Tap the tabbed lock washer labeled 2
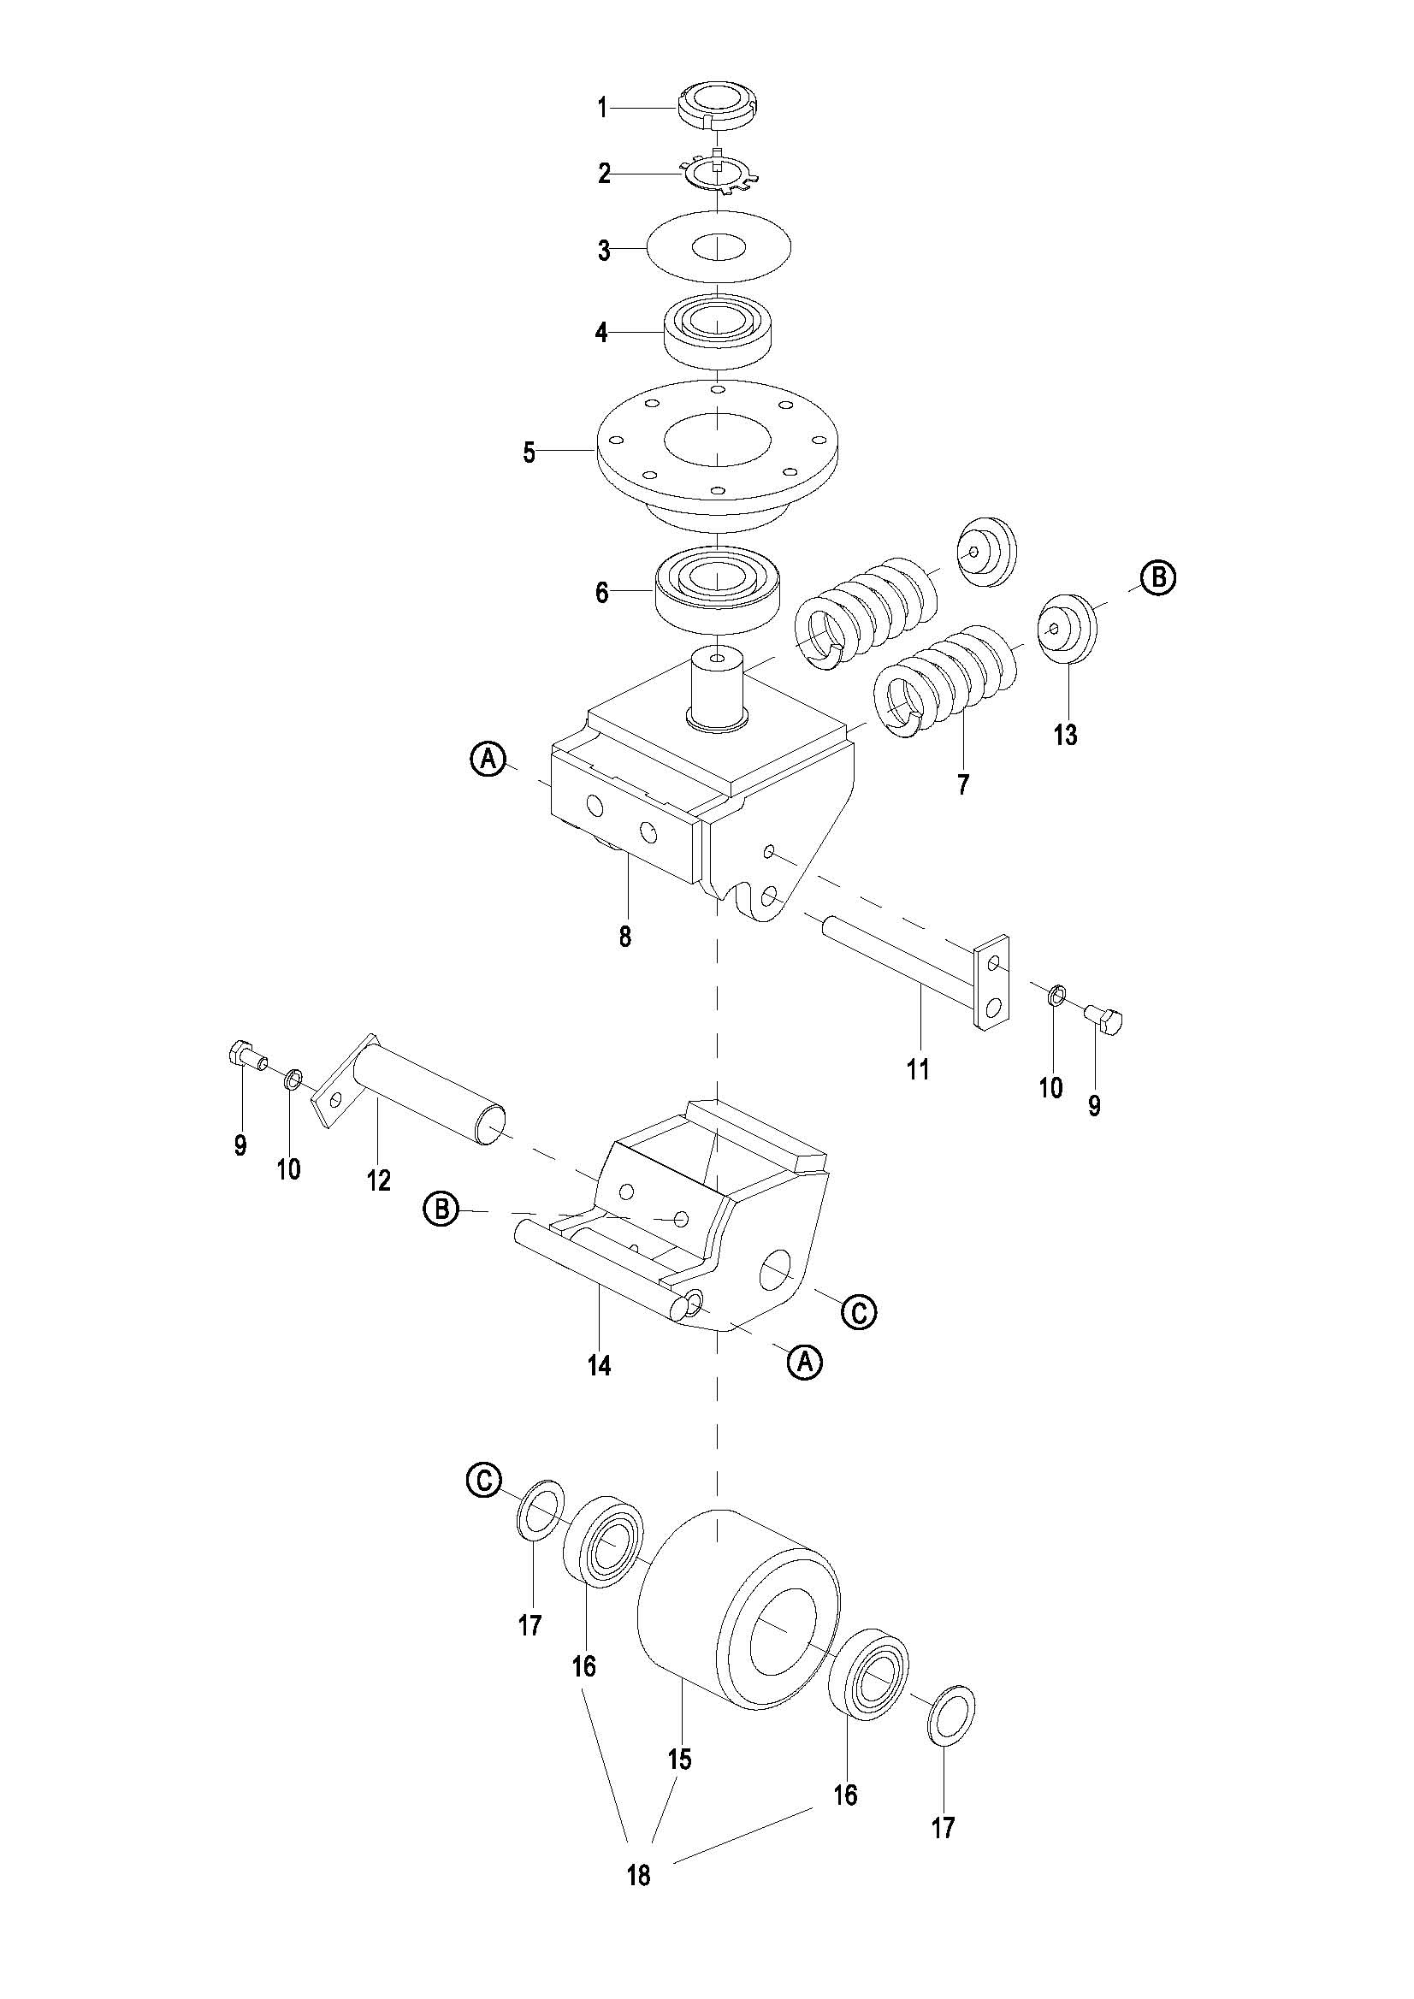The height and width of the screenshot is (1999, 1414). pyautogui.click(x=719, y=172)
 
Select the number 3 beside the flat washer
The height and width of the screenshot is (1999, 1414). pyautogui.click(x=603, y=251)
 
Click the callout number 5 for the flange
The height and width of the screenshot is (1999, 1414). pyautogui.click(x=529, y=452)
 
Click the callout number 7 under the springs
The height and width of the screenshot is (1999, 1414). pyautogui.click(x=962, y=784)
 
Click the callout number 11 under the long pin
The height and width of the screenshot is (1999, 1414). pyautogui.click(x=918, y=1068)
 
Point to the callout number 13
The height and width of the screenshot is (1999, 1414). pyautogui.click(x=1065, y=735)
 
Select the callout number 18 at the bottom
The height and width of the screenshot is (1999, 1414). pyautogui.click(x=638, y=1874)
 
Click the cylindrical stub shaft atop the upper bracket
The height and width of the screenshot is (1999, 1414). pyautogui.click(x=719, y=688)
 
